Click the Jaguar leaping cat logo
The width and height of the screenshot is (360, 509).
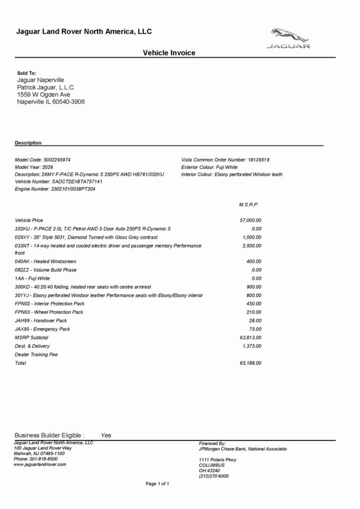(289, 35)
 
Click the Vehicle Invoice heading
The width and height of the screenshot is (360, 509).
(169, 53)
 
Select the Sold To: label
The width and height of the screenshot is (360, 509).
(27, 73)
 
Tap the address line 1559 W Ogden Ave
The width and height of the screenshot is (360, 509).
(44, 95)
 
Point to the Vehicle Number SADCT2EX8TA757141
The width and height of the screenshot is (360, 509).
(77, 182)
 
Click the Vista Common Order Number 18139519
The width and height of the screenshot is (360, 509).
(258, 160)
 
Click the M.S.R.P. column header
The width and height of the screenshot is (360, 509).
(249, 205)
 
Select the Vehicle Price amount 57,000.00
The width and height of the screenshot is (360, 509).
(250, 220)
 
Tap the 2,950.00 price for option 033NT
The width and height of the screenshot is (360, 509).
(252, 246)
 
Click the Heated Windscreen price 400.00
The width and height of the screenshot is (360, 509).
(254, 262)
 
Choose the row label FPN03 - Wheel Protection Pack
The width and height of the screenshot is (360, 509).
(49, 312)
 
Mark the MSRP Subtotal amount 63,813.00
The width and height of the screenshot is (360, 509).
(250, 338)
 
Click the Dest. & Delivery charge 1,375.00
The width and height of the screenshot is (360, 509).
(252, 346)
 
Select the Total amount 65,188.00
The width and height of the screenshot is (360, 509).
(250, 363)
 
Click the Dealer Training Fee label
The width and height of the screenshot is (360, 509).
(36, 355)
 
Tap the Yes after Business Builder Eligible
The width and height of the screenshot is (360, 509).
(106, 435)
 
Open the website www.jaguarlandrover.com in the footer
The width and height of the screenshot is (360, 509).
(40, 464)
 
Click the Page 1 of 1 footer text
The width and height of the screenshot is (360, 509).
(157, 484)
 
